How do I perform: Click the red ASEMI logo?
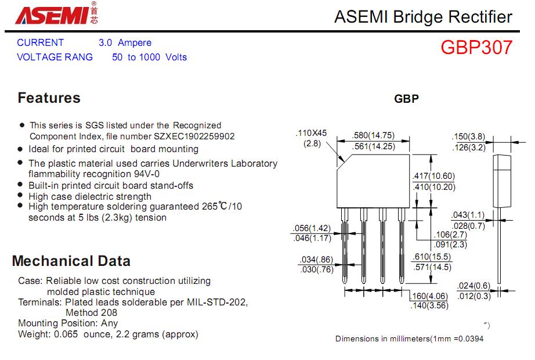[x=52, y=16]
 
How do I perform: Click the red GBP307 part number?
[x=476, y=47]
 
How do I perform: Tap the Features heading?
[x=49, y=98]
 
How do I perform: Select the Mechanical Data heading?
[x=71, y=261]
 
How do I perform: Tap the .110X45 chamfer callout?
[x=312, y=133]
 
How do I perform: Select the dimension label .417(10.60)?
[x=433, y=177]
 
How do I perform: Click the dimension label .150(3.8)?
[x=468, y=137]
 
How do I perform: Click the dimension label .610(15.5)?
[x=431, y=257]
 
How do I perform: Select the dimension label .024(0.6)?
[x=473, y=286]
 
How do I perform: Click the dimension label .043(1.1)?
[x=468, y=215]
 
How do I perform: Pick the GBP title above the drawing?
[x=406, y=99]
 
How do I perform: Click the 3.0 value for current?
[x=106, y=42]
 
